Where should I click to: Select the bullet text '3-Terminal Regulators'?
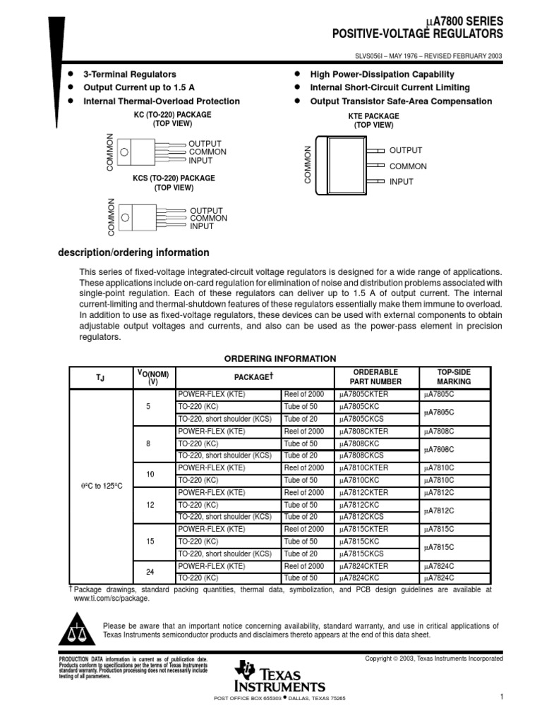(x=130, y=74)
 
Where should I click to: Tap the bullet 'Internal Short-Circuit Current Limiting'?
(x=390, y=87)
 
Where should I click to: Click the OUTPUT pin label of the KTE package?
(x=406, y=150)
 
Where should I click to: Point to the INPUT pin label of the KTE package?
(x=402, y=182)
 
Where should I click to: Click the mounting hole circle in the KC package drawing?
(x=124, y=152)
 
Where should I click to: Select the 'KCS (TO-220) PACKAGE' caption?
(x=174, y=178)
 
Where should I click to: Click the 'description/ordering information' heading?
(x=133, y=252)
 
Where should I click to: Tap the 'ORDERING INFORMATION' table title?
(x=280, y=358)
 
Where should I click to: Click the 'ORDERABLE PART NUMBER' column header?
(x=375, y=377)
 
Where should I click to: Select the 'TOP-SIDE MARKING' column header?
(x=453, y=377)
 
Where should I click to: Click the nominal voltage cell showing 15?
(x=150, y=541)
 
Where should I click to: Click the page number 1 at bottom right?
(x=500, y=697)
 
